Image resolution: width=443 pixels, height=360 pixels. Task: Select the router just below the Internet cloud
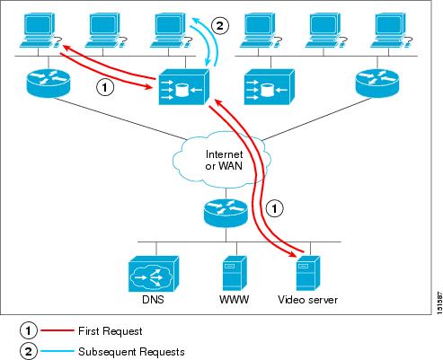220,214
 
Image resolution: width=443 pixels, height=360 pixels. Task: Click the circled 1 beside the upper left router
105,88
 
